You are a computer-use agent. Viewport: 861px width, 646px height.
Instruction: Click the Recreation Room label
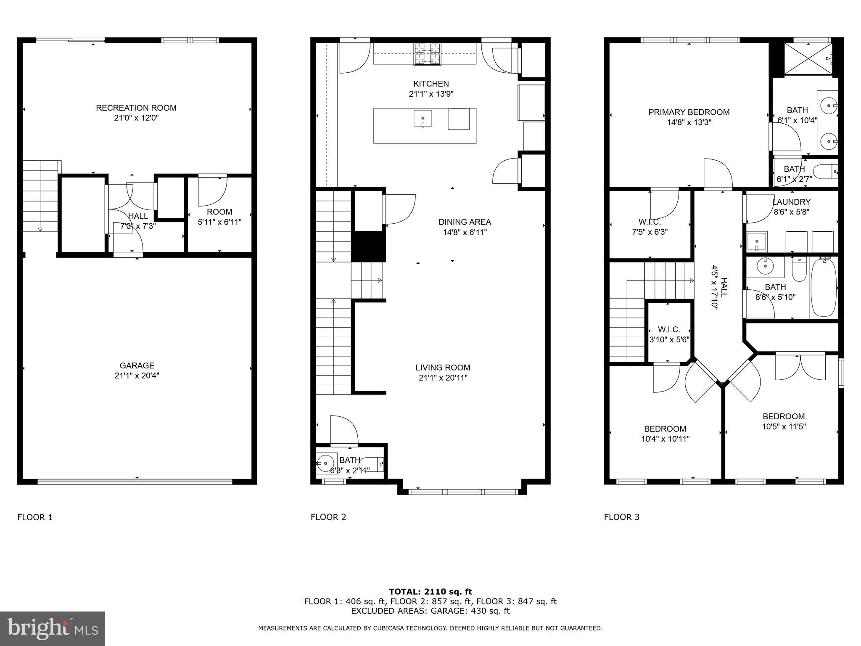(136, 108)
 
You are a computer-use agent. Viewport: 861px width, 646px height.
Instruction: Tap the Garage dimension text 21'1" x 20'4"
(137, 376)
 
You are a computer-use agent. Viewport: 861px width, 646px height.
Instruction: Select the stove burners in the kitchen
(428, 54)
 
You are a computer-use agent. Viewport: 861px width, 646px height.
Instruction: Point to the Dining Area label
(465, 222)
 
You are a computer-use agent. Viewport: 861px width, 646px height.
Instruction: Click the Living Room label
(443, 368)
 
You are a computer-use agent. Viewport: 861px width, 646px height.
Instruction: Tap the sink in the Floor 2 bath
(325, 463)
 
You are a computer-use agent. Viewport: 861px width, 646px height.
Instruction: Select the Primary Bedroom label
(689, 112)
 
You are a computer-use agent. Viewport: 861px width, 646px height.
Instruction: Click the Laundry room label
(791, 202)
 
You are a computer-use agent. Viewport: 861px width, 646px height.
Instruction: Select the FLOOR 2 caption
(328, 517)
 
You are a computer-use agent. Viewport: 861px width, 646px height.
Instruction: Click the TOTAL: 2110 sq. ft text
(430, 592)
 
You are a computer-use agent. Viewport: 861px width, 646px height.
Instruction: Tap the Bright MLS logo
(53, 628)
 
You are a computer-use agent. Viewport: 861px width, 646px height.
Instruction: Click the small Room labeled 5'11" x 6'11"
(219, 212)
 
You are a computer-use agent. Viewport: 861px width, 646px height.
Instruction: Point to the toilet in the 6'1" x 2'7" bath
(825, 172)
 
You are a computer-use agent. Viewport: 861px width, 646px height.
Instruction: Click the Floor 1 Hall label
(138, 216)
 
